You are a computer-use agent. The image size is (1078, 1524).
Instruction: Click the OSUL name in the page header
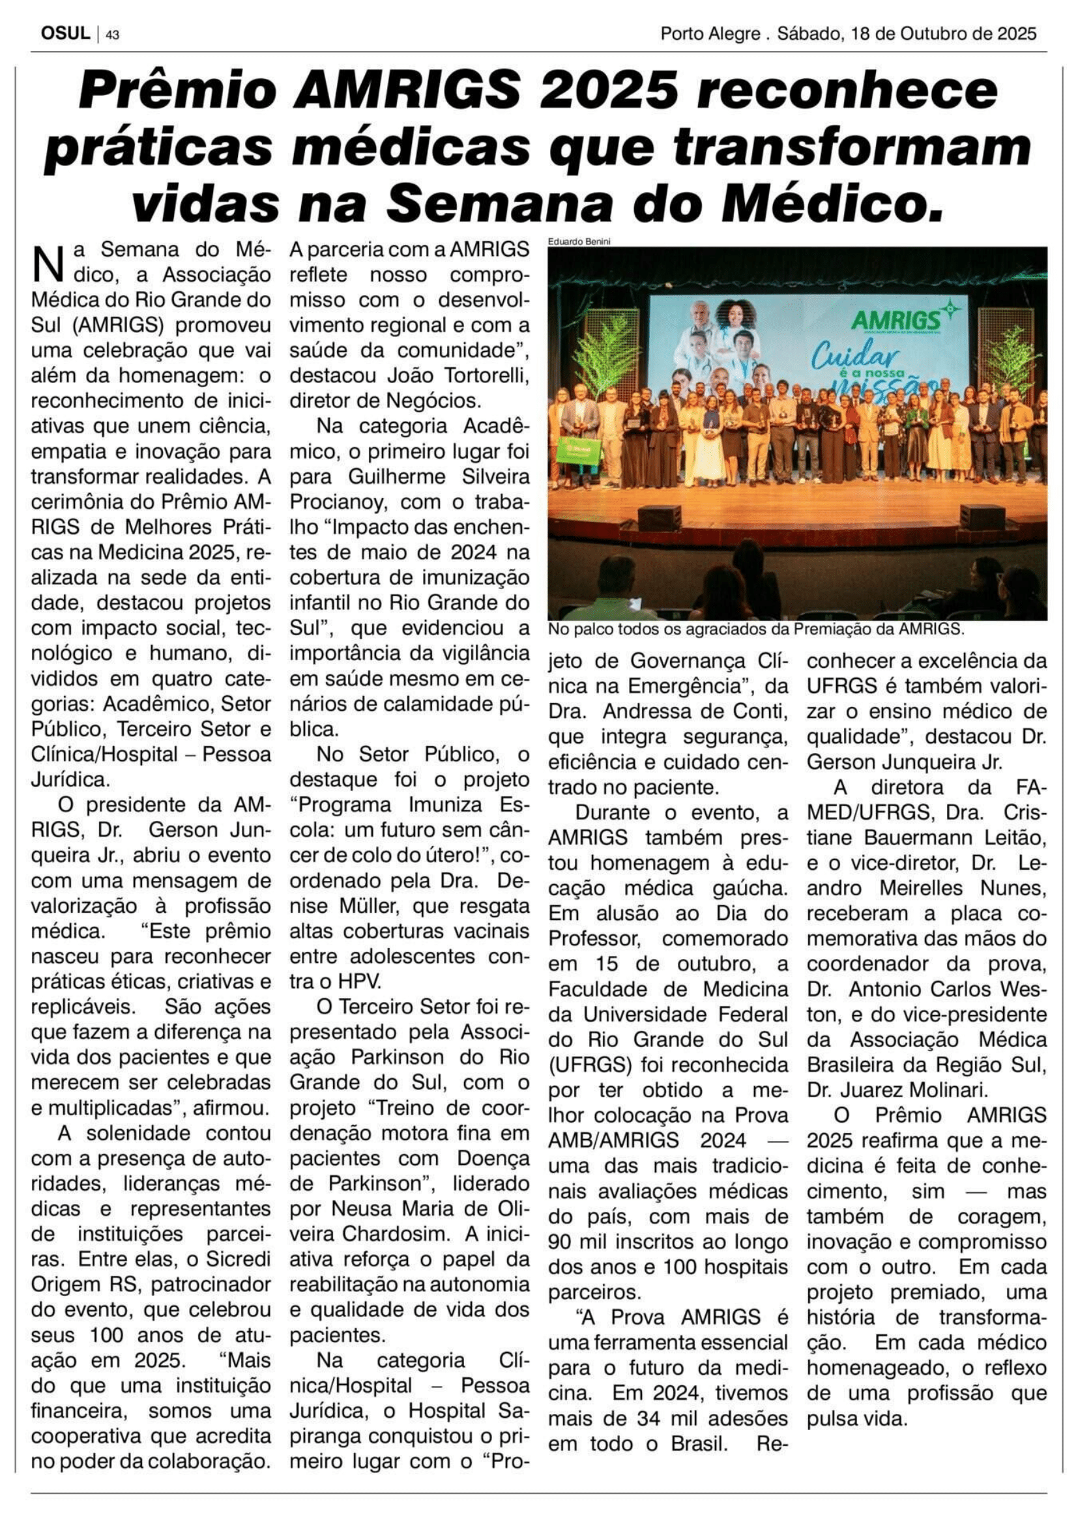tap(65, 33)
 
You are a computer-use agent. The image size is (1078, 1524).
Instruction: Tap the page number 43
tap(112, 35)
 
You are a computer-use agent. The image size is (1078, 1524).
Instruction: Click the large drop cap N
tap(47, 263)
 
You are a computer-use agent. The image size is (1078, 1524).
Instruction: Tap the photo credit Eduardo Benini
tap(579, 242)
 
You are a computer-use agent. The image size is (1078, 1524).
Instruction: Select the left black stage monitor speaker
tap(659, 517)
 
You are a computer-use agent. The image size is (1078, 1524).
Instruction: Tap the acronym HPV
tap(345, 981)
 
